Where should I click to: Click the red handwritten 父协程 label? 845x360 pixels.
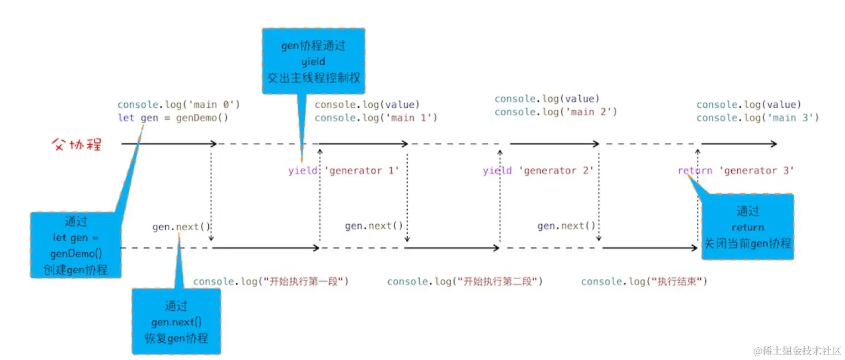point(76,145)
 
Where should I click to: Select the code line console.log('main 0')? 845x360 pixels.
point(178,104)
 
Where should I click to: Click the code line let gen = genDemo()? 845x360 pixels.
point(172,118)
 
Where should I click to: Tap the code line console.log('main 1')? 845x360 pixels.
point(376,118)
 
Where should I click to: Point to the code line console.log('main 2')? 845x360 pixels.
point(555,112)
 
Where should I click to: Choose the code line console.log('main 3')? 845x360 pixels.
point(757,118)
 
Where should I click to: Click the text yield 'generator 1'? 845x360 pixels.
point(343,171)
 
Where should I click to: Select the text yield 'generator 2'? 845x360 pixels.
point(538,171)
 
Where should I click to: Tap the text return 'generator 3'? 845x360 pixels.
point(736,171)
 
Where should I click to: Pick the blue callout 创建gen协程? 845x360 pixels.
point(75,246)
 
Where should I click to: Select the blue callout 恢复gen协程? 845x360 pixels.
point(176,321)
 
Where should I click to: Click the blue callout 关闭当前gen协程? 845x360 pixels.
point(747,227)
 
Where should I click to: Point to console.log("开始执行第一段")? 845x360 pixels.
point(271,282)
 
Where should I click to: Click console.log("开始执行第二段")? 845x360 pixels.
point(464,282)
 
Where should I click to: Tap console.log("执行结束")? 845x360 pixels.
point(644,282)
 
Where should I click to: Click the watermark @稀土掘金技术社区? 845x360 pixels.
point(796,351)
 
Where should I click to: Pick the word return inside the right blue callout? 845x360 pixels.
point(747,227)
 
